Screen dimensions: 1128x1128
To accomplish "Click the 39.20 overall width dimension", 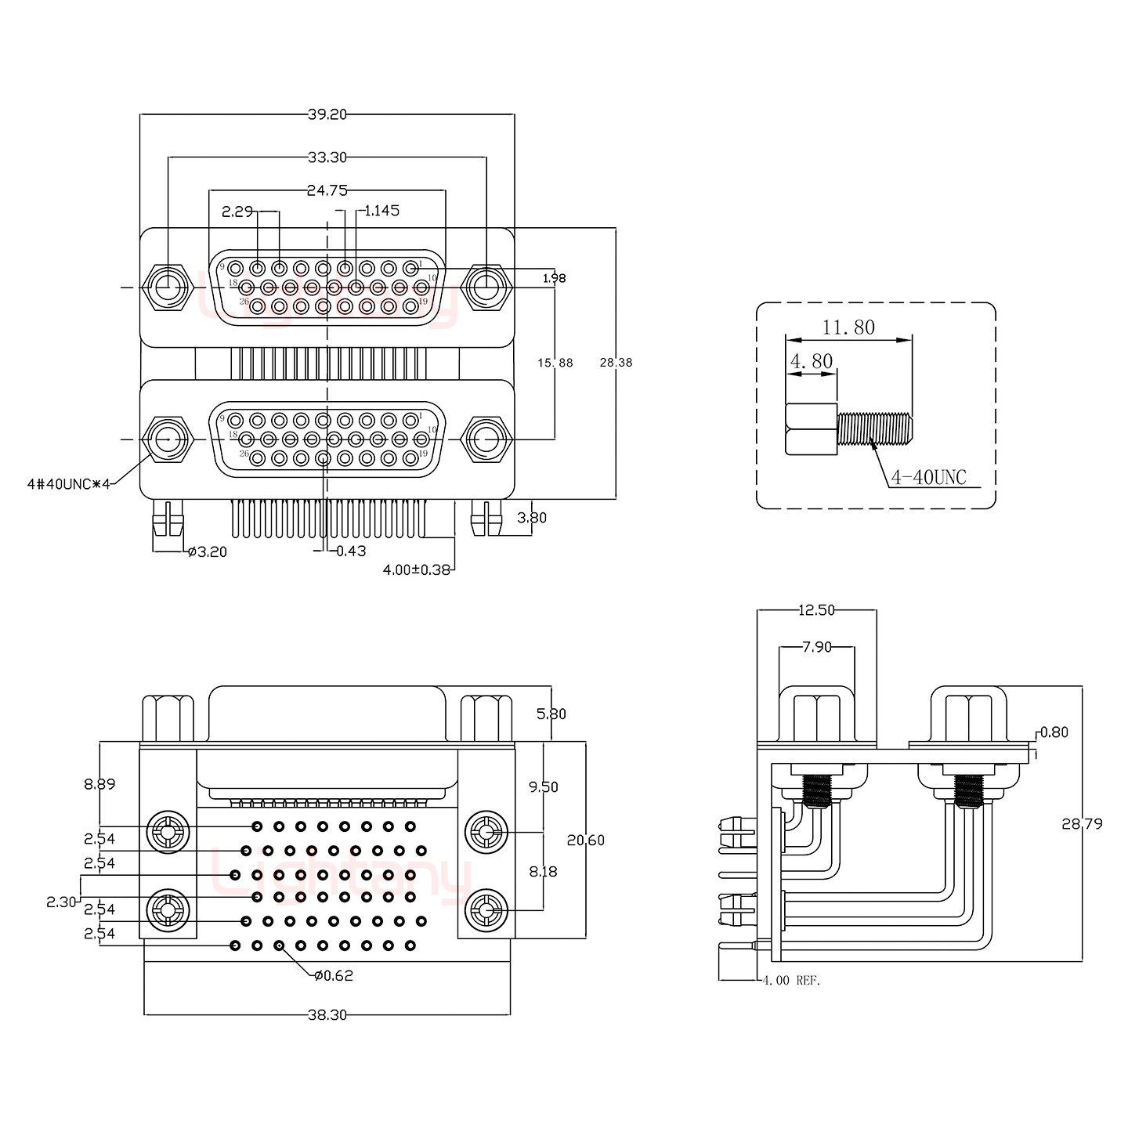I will click(x=327, y=114).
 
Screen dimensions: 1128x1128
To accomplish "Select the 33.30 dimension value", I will click(x=327, y=157).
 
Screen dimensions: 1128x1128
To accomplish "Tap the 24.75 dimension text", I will click(x=327, y=190).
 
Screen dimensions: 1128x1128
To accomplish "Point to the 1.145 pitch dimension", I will click(x=381, y=211).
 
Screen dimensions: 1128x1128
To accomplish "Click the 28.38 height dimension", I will click(x=616, y=363).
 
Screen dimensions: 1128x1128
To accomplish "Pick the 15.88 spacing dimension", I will click(x=555, y=363).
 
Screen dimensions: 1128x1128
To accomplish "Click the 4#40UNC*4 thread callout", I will click(x=68, y=484).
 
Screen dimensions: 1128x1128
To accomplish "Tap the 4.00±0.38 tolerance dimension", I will click(x=416, y=570).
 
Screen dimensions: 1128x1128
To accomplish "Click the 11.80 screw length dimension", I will click(x=848, y=327).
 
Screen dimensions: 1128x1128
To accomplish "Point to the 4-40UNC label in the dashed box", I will click(x=928, y=477).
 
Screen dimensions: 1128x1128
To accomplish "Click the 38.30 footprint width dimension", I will click(x=327, y=1015).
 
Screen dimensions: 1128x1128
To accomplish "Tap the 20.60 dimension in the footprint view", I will click(x=586, y=841).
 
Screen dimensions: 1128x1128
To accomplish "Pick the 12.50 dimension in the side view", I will click(x=816, y=610).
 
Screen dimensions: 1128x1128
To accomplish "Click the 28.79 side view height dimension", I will click(x=1082, y=824).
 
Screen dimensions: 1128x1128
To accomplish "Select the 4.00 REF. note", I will click(x=791, y=980).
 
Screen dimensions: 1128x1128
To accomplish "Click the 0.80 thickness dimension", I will click(x=1054, y=732).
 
